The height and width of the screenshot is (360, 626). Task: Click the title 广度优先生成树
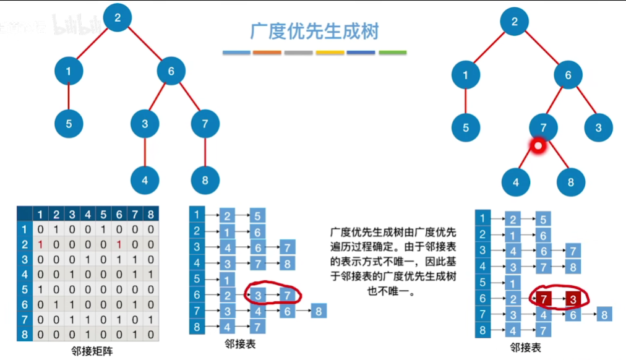point(314,32)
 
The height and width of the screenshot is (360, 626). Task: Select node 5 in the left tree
point(69,124)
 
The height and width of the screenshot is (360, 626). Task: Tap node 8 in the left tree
point(205,181)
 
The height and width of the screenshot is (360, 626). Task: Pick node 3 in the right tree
point(598,129)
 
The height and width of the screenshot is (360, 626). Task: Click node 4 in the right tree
point(516,183)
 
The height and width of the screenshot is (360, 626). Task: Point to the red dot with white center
point(538,147)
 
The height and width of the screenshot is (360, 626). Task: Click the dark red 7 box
point(543,300)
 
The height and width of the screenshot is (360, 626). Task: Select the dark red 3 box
point(573,300)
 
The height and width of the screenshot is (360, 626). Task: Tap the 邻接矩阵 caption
point(92,351)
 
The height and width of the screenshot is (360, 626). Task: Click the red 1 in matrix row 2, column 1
point(40,244)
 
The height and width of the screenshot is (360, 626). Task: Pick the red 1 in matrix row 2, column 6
point(119,244)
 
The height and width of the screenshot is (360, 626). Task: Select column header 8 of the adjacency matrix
point(150,215)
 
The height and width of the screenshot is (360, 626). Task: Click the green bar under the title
point(392,53)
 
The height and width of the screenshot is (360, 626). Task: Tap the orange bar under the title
point(267,53)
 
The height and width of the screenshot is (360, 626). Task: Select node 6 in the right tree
point(568,76)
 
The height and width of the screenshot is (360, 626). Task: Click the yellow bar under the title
point(330,53)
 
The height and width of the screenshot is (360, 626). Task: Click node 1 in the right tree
point(466,76)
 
